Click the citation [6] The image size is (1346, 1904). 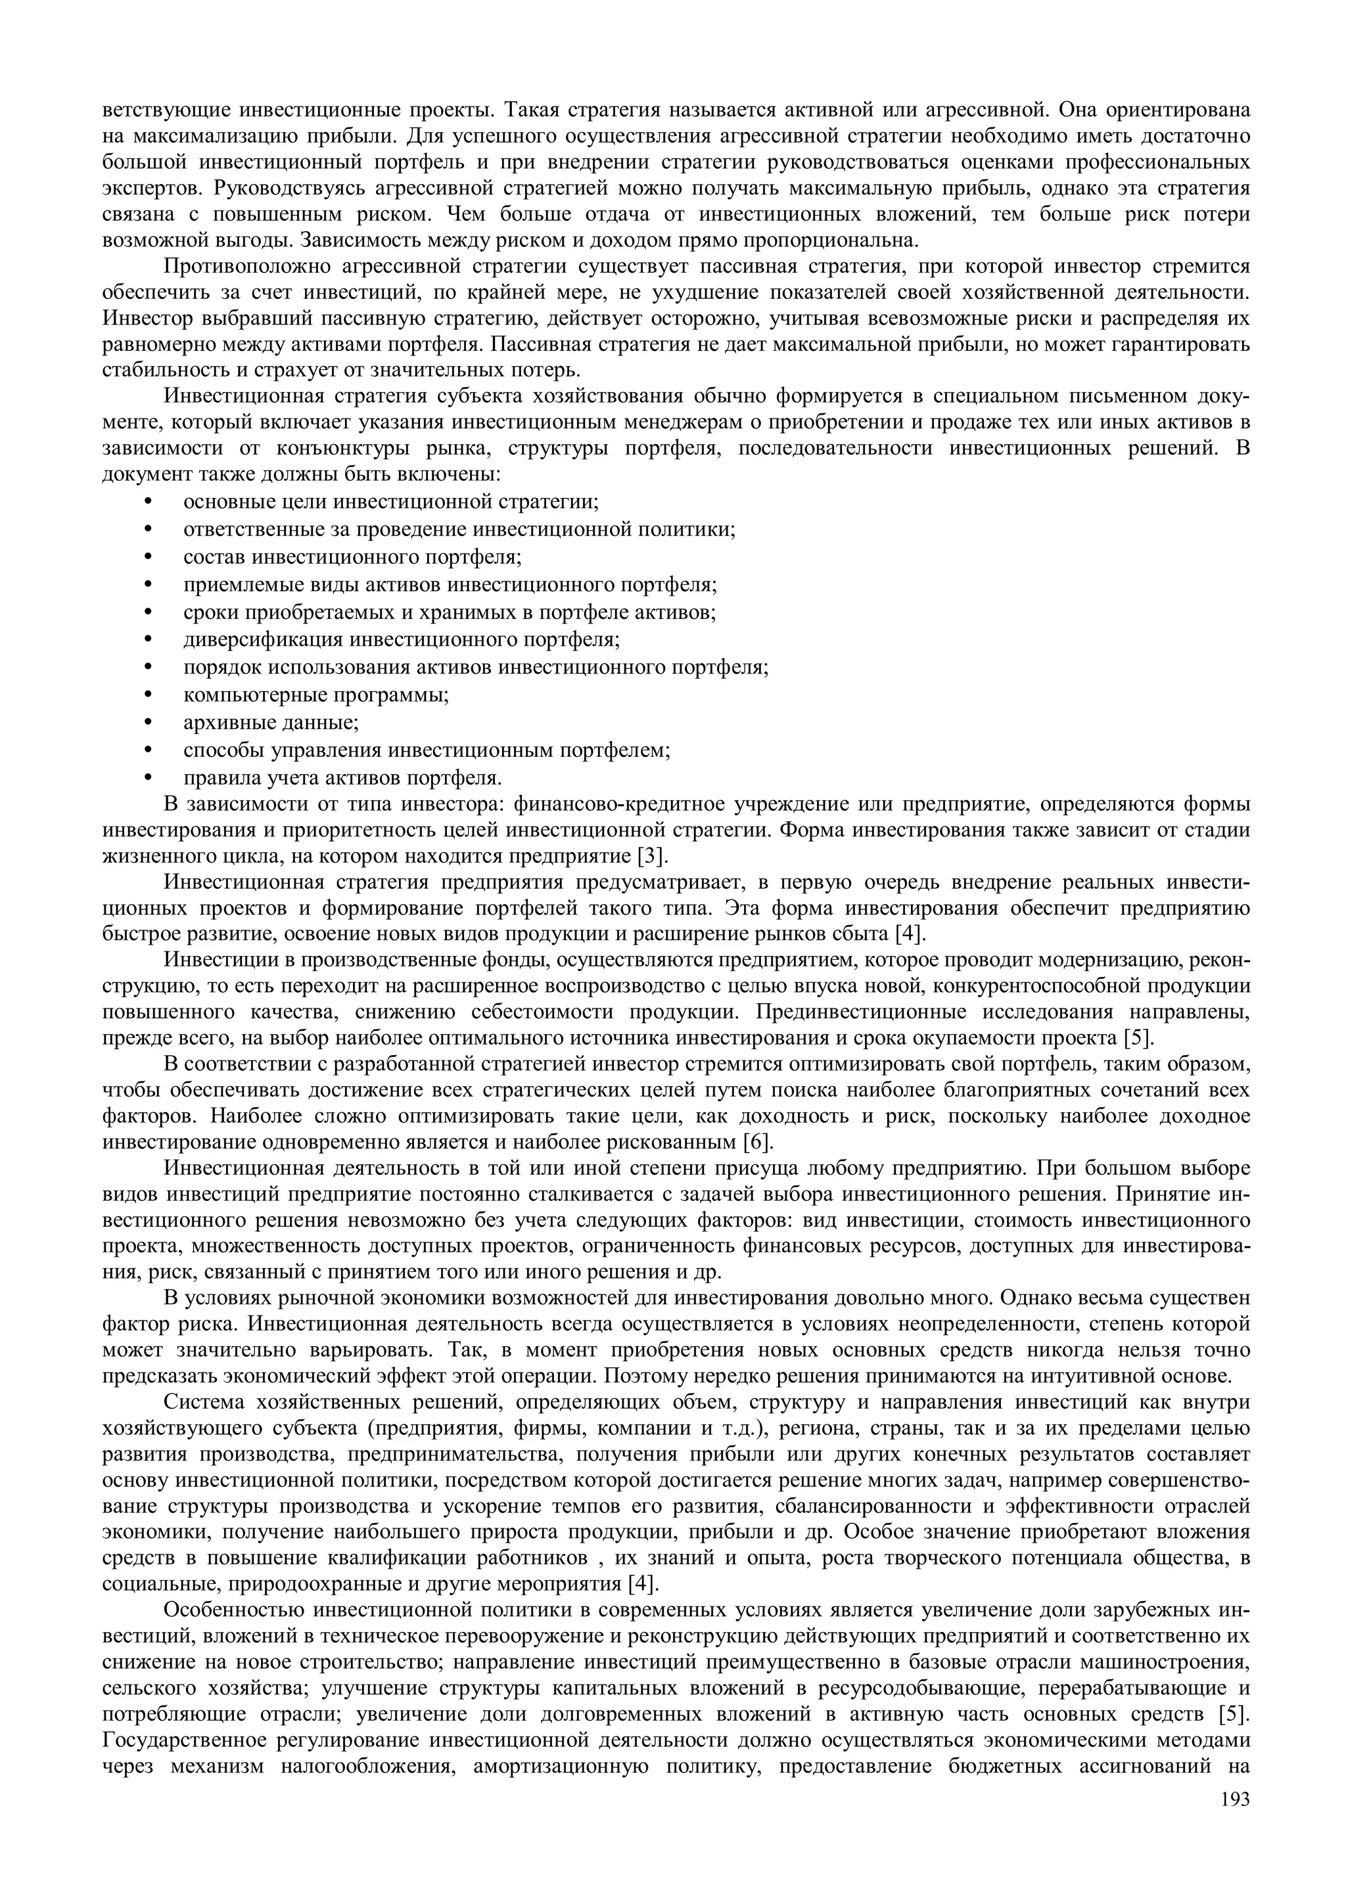coord(756,1142)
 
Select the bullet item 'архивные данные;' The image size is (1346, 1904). coord(271,722)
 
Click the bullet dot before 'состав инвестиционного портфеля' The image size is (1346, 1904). coord(149,556)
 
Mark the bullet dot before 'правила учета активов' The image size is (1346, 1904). coord(149,778)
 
